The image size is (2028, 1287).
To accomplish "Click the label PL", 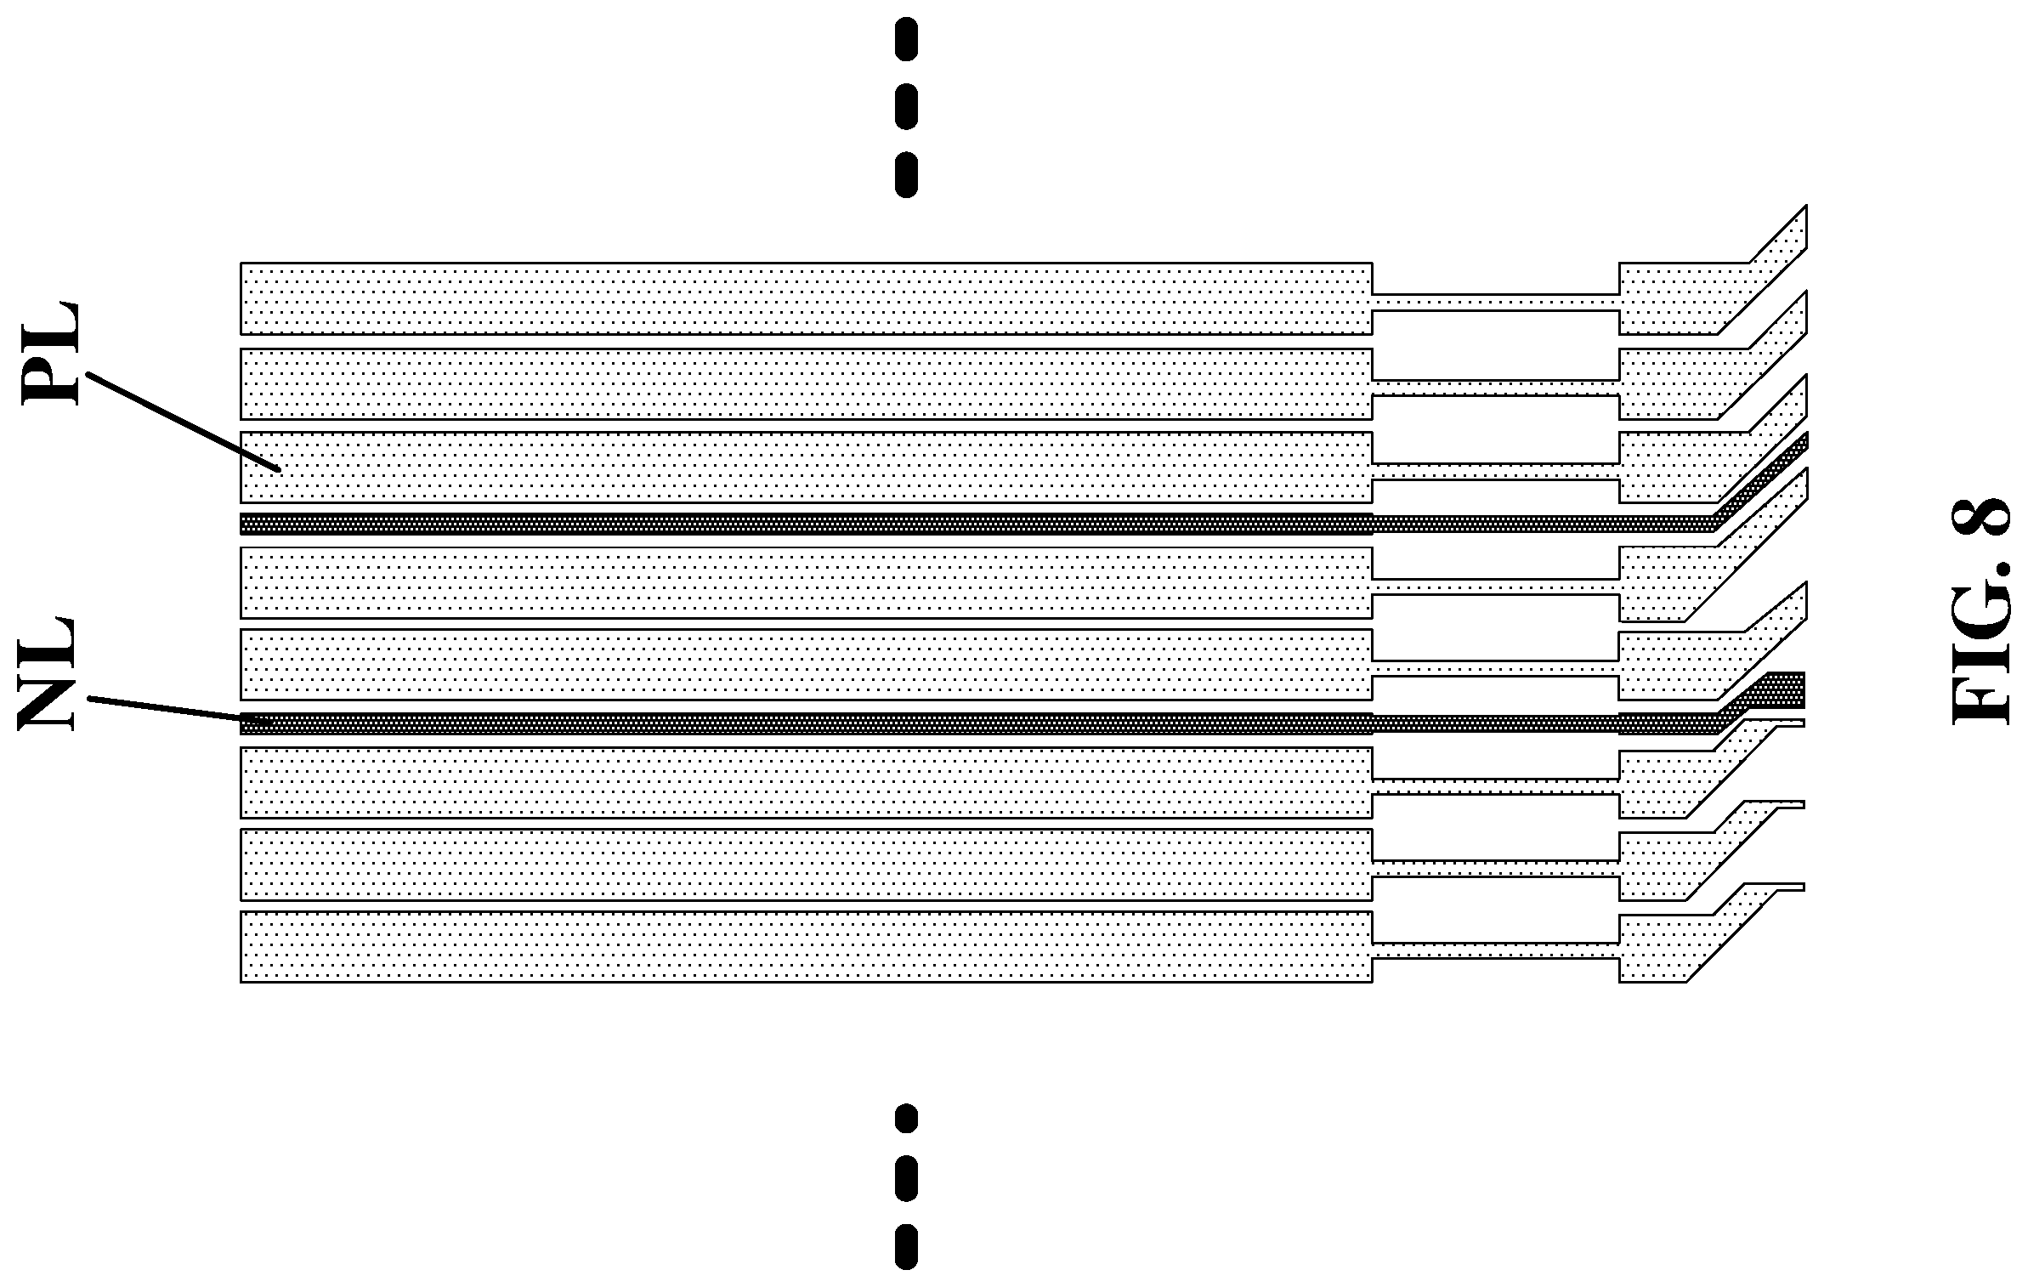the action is pos(49,354).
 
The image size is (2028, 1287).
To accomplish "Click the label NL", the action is pos(47,674).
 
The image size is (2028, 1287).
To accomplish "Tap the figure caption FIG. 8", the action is pos(1980,610).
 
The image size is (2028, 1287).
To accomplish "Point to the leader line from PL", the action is pos(183,421).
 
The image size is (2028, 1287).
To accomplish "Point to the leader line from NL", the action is pos(178,711).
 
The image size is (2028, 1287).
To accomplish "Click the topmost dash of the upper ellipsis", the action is pos(906,39).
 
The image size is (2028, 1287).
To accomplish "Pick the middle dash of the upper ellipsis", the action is pos(906,106).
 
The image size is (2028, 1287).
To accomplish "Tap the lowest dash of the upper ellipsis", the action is pos(906,174).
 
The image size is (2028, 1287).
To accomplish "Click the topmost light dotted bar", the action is pos(806,298).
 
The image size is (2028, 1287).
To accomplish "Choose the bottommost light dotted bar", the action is pos(806,947).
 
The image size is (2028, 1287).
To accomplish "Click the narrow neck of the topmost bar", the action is pos(1495,303).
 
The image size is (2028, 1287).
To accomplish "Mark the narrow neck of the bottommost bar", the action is pos(1495,950).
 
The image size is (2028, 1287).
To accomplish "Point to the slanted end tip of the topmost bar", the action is pos(1805,207).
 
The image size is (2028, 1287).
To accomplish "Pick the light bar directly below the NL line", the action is pos(806,783).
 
